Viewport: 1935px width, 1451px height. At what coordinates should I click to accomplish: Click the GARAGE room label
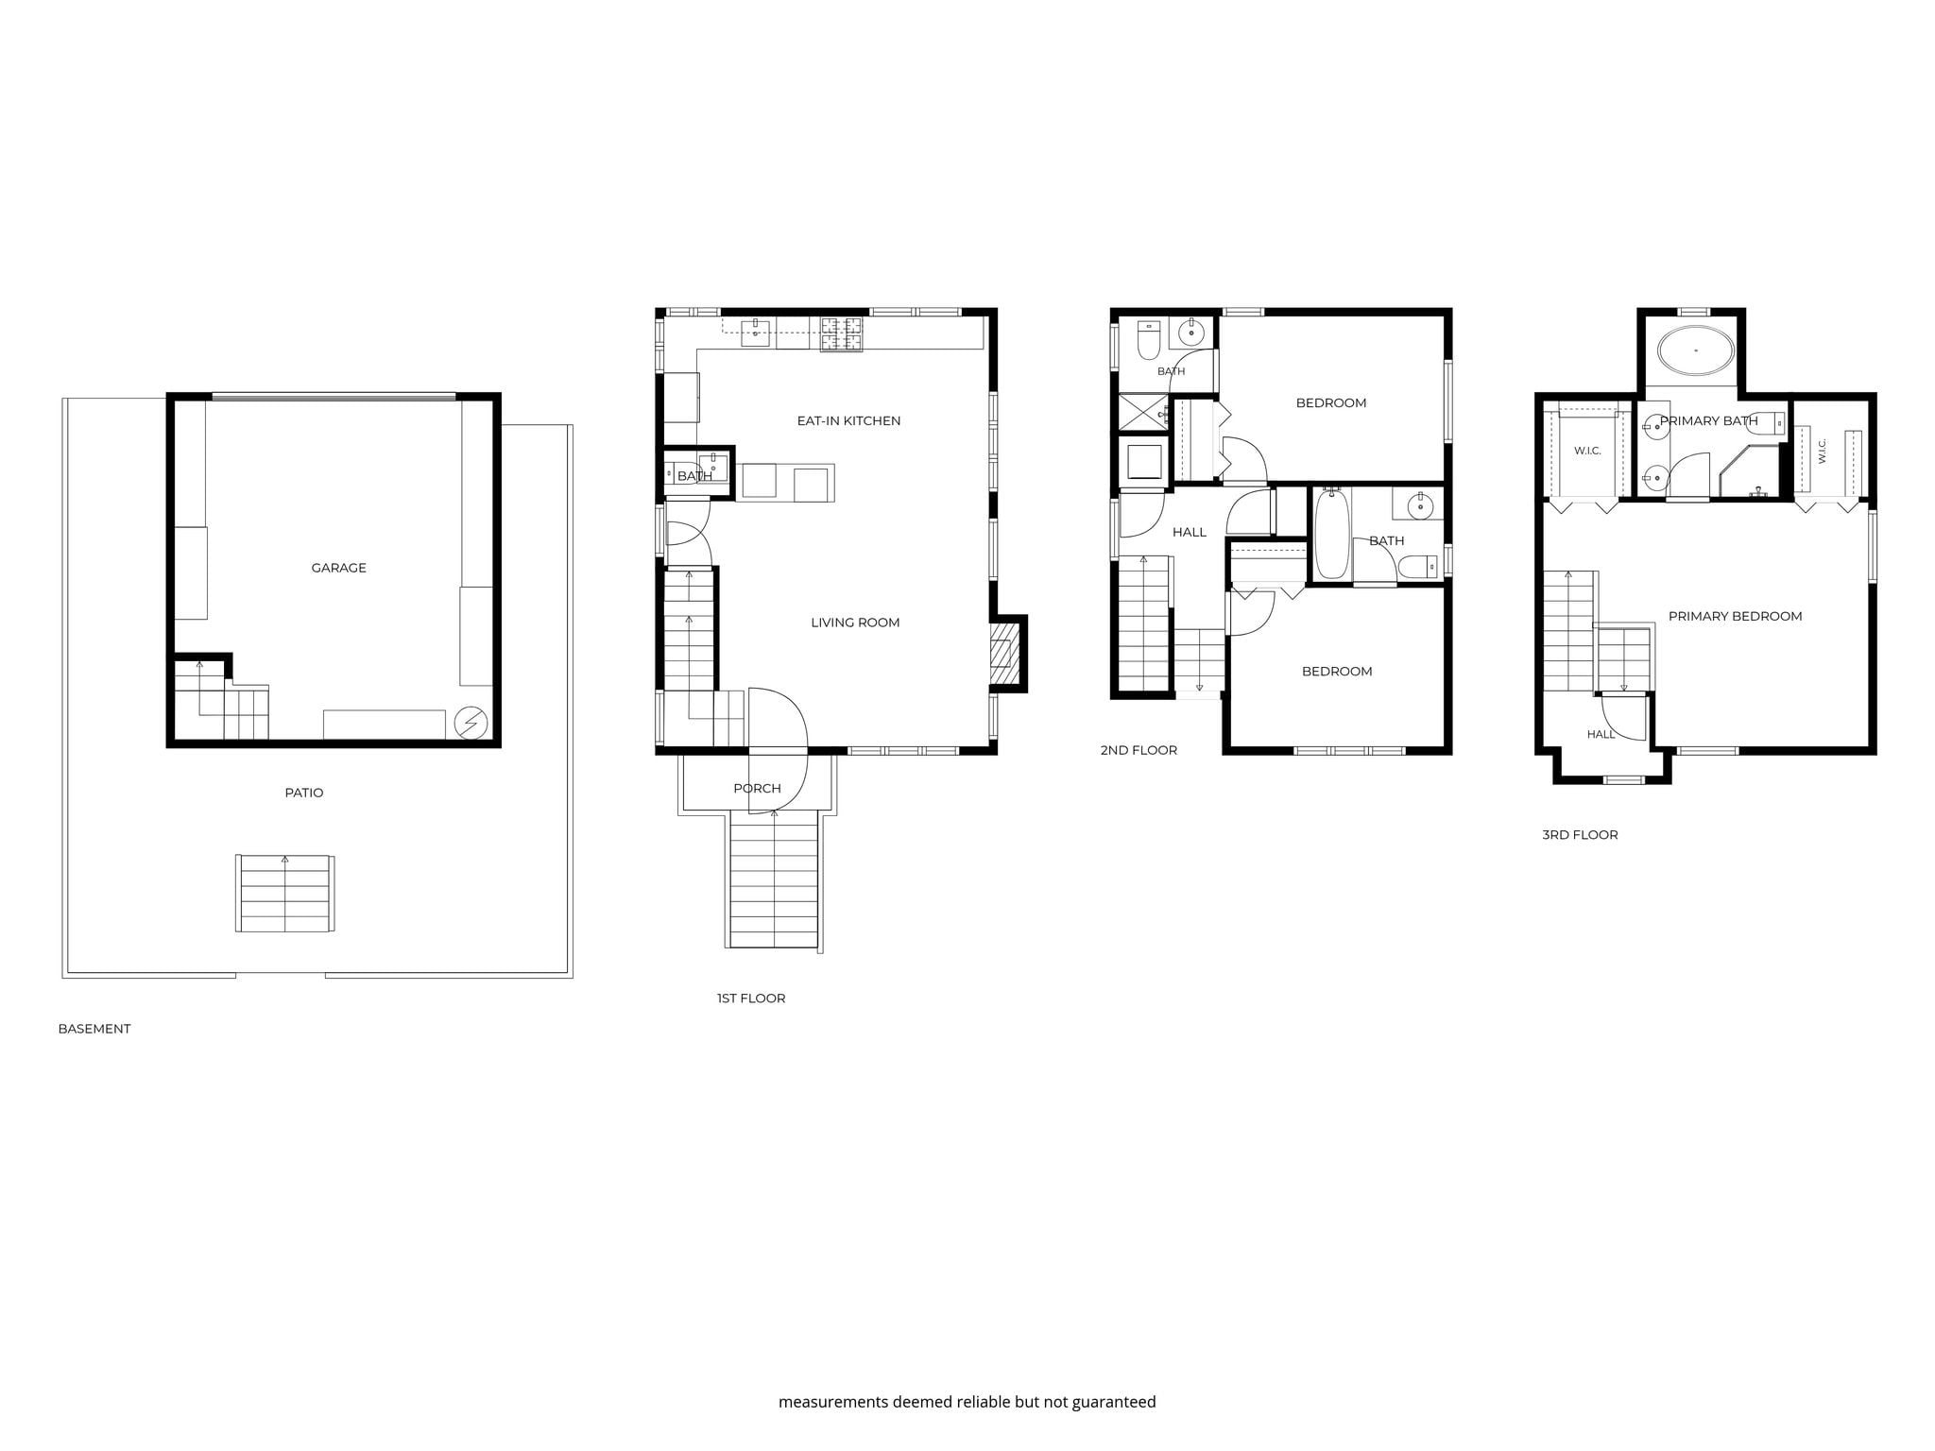tap(338, 568)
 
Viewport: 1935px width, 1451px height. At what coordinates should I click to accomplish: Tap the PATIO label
tap(304, 793)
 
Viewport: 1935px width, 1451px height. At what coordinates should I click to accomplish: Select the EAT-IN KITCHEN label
tap(848, 420)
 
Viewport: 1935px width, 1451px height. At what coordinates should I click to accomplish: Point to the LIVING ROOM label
tap(855, 623)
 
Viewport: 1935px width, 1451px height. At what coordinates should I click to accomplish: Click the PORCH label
tap(757, 789)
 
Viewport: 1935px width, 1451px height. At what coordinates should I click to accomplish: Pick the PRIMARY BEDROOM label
tap(1735, 616)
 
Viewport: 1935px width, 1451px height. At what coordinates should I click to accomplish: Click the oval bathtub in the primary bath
tap(1696, 350)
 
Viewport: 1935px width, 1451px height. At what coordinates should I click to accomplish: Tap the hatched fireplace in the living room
tap(1006, 653)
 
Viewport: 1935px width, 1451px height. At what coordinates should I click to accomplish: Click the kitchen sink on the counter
tap(755, 333)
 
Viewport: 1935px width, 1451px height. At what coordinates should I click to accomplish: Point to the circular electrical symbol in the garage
tap(471, 724)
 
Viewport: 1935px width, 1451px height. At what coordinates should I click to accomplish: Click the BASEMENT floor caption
tap(94, 1029)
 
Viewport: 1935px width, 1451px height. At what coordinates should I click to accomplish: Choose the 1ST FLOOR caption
tap(751, 999)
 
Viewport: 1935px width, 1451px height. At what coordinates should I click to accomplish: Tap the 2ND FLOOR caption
tap(1139, 750)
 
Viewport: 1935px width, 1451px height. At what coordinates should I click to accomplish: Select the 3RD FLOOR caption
tap(1580, 835)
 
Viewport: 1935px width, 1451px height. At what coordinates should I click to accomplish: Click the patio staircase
tap(284, 894)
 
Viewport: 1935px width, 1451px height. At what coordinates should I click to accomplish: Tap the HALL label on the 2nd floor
tap(1190, 533)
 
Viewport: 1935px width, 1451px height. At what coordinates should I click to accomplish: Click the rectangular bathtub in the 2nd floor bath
tap(1331, 534)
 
